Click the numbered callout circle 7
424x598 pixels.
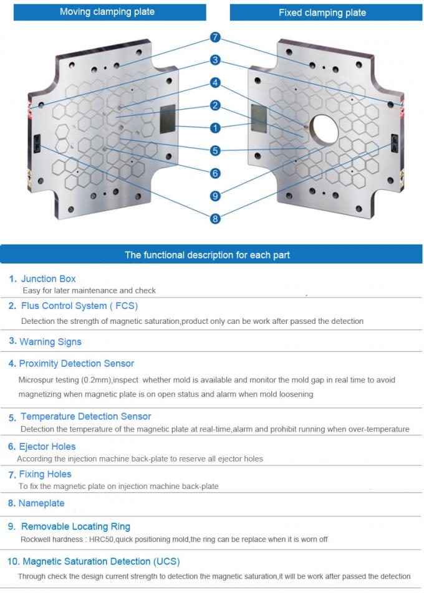click(215, 38)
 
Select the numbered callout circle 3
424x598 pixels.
click(215, 60)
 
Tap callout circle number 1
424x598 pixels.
click(215, 128)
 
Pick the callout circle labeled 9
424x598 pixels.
click(215, 196)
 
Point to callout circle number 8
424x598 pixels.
click(215, 219)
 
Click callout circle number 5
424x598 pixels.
click(215, 151)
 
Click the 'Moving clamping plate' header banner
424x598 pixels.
click(107, 12)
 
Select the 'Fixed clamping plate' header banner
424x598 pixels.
click(322, 12)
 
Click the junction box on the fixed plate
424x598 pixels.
click(258, 117)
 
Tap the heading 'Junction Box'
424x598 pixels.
click(48, 279)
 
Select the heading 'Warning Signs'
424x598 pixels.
click(50, 342)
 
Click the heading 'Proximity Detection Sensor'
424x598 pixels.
click(76, 364)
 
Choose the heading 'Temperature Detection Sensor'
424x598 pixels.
click(85, 417)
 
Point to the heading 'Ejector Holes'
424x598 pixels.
click(47, 447)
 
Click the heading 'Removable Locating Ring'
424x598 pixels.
click(75, 527)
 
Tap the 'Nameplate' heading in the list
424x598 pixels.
click(41, 503)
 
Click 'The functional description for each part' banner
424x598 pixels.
click(207, 255)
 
